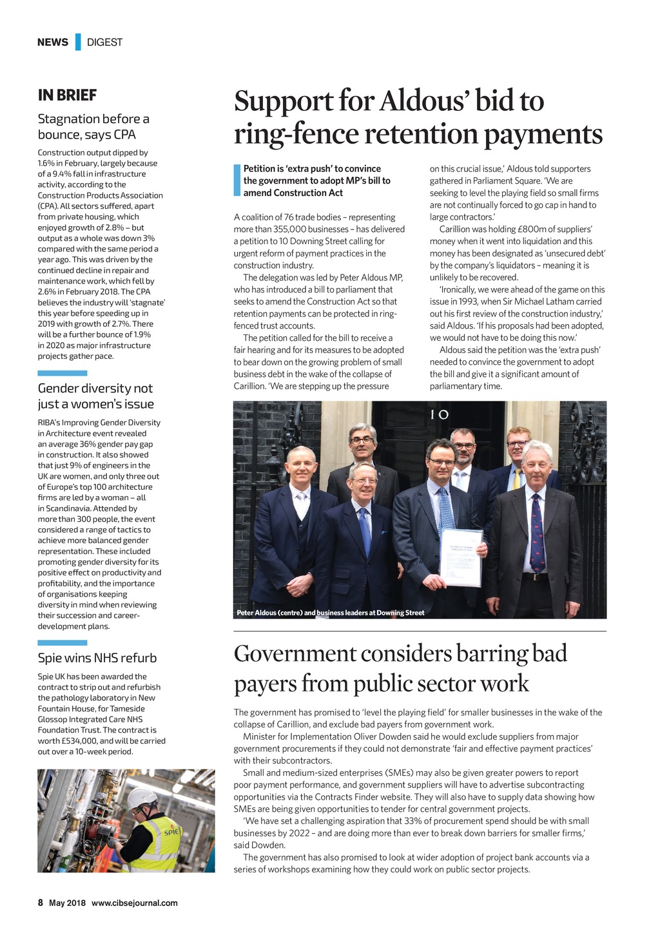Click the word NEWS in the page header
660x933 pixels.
point(52,42)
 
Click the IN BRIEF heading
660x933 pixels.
point(67,95)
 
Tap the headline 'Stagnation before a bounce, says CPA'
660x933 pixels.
point(93,127)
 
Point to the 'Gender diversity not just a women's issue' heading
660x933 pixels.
point(95,396)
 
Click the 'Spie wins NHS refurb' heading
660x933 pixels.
point(97,658)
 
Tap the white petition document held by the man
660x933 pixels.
point(461,557)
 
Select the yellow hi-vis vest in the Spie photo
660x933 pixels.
point(157,844)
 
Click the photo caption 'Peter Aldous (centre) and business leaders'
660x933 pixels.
point(330,613)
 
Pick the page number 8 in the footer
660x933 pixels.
point(40,903)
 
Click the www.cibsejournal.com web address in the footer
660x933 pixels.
point(134,903)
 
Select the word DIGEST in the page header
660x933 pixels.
point(104,42)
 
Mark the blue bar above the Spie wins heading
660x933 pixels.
point(62,642)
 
